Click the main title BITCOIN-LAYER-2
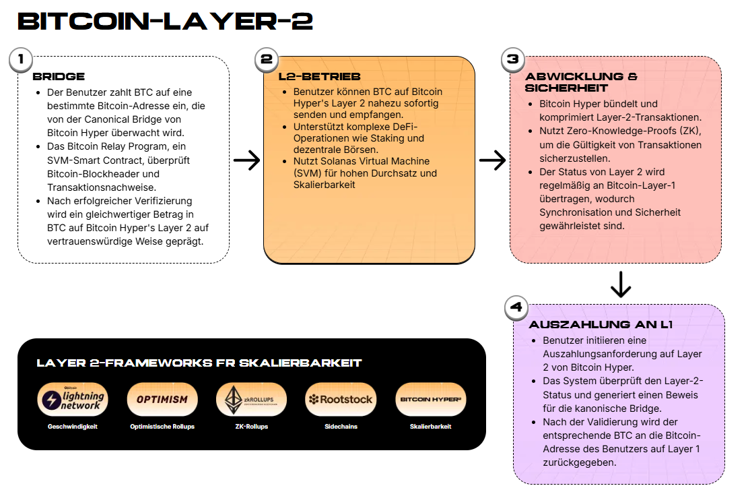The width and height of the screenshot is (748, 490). click(x=165, y=22)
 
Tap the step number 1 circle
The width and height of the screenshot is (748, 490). click(x=21, y=59)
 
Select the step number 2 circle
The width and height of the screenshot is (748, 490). click(x=267, y=59)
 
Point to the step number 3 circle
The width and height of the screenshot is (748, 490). click(x=513, y=59)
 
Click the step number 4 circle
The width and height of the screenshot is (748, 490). click(x=516, y=307)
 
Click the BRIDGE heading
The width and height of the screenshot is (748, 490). click(x=59, y=76)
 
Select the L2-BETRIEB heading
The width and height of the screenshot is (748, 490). click(x=320, y=76)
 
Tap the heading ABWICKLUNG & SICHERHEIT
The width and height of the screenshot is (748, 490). click(x=581, y=82)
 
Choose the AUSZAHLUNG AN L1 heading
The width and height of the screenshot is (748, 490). click(x=601, y=325)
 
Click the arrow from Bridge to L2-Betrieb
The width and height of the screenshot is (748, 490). click(x=246, y=160)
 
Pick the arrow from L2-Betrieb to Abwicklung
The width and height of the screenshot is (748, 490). click(x=492, y=160)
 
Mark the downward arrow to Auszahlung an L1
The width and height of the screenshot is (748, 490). click(x=621, y=284)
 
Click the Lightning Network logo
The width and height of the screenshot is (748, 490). click(x=73, y=399)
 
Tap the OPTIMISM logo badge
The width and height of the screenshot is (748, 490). click(x=162, y=399)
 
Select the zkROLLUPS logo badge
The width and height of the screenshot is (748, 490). click(x=251, y=399)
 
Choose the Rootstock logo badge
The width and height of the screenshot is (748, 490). click(x=341, y=399)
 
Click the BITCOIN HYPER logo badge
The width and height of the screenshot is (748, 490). click(x=431, y=399)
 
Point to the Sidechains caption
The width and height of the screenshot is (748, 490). click(x=341, y=427)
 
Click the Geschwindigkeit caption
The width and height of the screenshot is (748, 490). click(x=73, y=427)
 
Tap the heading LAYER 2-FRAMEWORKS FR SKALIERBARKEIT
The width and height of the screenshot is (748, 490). click(x=199, y=363)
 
